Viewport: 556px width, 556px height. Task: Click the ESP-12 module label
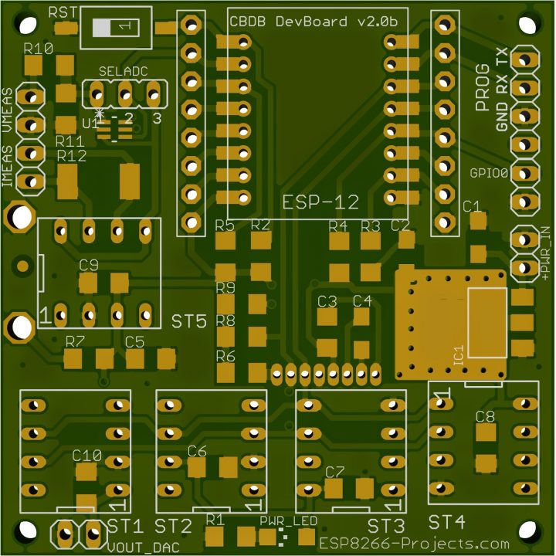[320, 202]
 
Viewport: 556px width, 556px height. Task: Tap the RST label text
[63, 13]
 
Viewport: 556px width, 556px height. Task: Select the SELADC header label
[123, 72]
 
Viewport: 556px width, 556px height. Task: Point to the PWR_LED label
[288, 521]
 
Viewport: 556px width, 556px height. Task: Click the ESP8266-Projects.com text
[414, 543]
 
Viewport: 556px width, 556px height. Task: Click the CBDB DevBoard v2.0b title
[314, 22]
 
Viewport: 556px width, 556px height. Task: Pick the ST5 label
[188, 321]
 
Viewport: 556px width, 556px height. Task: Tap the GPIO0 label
[489, 173]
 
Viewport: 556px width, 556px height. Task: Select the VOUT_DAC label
[144, 548]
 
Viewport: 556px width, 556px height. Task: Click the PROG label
[482, 87]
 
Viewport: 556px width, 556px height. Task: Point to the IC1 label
[459, 355]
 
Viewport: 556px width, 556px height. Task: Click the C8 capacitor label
[485, 417]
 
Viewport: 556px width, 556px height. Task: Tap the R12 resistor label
[72, 156]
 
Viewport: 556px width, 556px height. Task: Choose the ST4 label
[446, 522]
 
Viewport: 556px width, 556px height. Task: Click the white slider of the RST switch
[102, 28]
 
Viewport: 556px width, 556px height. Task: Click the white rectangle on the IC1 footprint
[487, 323]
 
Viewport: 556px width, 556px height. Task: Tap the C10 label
[86, 456]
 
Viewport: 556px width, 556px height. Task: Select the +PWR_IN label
[545, 253]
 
